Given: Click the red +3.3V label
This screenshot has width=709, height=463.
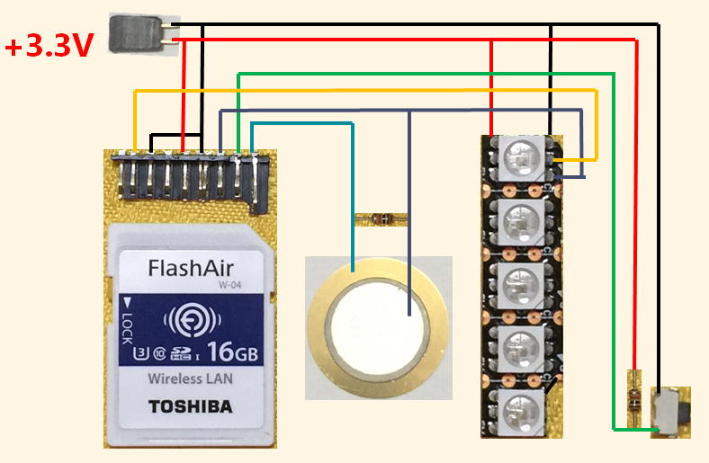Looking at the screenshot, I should point(49,46).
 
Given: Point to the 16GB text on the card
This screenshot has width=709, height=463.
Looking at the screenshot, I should point(232,352).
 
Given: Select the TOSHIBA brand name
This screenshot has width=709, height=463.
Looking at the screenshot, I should point(190,406).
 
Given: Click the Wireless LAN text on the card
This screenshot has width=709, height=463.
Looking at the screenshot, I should point(190,378).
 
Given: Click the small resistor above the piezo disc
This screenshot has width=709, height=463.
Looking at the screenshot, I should point(381,218).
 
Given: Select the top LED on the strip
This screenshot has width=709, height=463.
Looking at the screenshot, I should point(519,156).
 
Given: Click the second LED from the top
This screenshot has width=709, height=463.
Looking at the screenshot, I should point(519,218).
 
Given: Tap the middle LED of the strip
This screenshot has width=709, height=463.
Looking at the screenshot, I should point(519,280).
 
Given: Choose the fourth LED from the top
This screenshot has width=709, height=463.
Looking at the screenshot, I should point(519,343).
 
